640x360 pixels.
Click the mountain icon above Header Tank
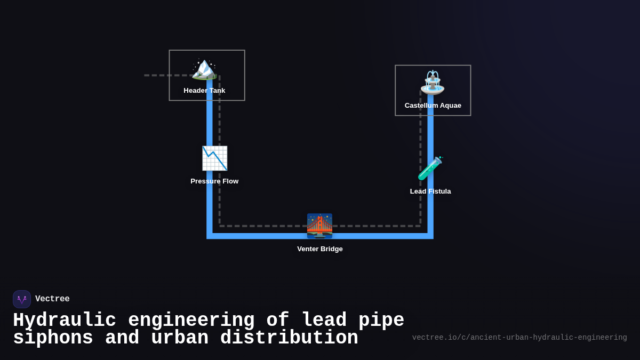(204, 69)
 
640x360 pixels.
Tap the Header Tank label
(204, 91)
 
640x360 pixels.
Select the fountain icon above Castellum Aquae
(432, 83)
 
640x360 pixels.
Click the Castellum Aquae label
(433, 106)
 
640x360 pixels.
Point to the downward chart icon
(214, 158)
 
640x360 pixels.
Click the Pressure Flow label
(214, 181)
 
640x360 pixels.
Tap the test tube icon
(430, 169)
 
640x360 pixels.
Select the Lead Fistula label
(430, 191)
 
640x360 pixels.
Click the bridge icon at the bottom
(319, 226)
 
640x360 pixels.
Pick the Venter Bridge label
(319, 249)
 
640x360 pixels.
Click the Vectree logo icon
(22, 299)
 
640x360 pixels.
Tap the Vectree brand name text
(52, 299)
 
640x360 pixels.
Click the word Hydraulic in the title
(64, 321)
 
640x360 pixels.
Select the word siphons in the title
(53, 338)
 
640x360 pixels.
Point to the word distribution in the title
(289, 338)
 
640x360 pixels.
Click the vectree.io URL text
(519, 338)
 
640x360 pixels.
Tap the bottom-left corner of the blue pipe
(210, 236)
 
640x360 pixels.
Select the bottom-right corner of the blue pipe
(430, 236)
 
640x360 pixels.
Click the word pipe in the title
(381, 321)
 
